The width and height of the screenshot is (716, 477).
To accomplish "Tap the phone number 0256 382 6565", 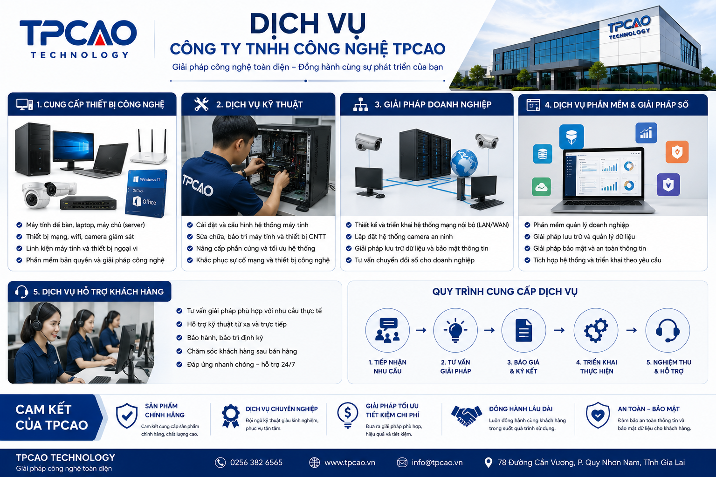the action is pos(256,462).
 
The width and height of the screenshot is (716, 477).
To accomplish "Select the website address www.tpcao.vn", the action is pos(350,463).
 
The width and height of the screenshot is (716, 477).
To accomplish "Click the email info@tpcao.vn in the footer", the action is pos(437,462).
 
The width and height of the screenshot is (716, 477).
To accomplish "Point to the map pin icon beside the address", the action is pos(488,462).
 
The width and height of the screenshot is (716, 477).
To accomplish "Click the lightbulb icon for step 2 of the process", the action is pos(455,330).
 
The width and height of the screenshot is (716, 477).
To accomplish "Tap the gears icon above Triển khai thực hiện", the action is pos(596,330).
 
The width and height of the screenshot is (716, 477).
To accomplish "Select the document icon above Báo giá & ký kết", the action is pos(523,330).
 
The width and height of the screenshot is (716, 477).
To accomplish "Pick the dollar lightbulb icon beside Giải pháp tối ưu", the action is pos(347,415).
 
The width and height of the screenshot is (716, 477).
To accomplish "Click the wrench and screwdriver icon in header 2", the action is pos(201,104).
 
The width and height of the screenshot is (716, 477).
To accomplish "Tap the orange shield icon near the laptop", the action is pos(677,152).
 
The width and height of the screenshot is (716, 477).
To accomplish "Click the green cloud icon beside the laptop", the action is pos(542,187).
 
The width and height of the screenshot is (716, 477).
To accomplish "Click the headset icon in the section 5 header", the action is pos(21,292).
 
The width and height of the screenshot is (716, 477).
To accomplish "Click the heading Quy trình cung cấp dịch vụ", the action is pos(505,292).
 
